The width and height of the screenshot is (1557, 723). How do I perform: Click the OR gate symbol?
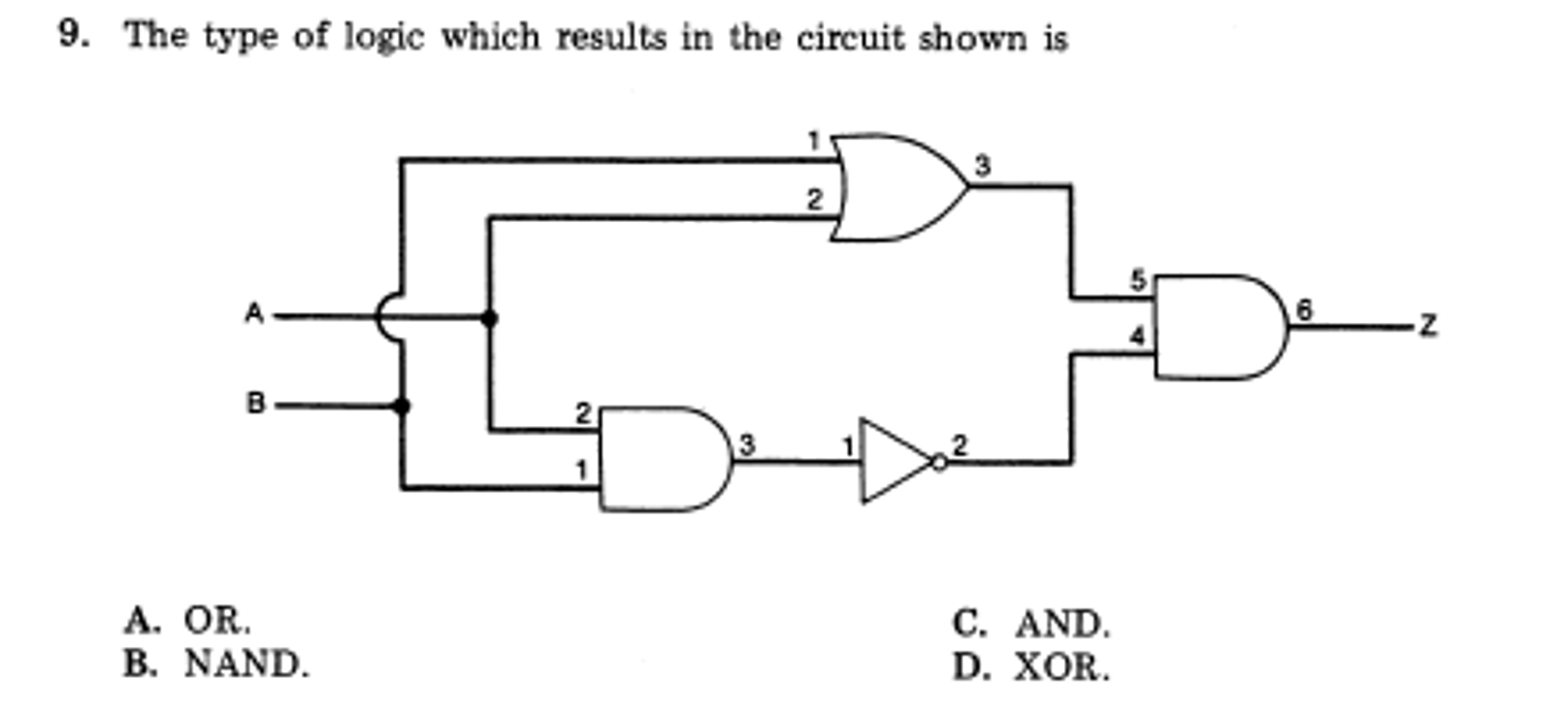(x=898, y=188)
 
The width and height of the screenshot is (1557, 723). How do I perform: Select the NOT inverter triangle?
(x=894, y=461)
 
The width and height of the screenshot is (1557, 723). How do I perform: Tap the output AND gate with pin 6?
(x=1218, y=327)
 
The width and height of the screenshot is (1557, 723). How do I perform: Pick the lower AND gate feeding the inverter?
(x=662, y=460)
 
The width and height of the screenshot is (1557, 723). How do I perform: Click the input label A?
(x=254, y=314)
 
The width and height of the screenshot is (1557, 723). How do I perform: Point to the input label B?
(x=256, y=403)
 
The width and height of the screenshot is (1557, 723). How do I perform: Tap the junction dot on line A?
(x=490, y=317)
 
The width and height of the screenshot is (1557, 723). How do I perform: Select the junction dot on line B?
(x=402, y=406)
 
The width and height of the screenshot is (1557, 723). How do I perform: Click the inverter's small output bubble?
(x=940, y=462)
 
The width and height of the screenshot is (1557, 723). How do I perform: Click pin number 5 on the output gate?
(x=1138, y=280)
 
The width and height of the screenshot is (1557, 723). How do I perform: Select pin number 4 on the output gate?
(x=1137, y=336)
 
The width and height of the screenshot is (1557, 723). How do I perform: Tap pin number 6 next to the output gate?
(x=1304, y=310)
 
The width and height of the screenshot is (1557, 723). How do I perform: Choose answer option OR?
(x=216, y=621)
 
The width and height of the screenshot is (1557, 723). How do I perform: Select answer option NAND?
(x=246, y=664)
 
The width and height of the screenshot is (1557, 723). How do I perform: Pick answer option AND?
(x=1062, y=624)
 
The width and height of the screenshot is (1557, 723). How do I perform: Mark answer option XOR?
(x=1061, y=667)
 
